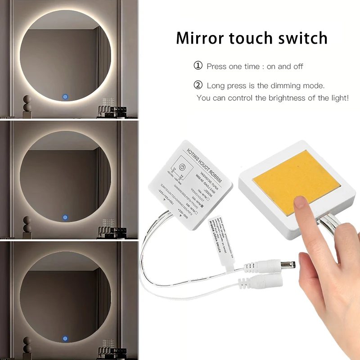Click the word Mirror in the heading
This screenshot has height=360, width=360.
point(200,38)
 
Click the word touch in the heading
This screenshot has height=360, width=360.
point(250,38)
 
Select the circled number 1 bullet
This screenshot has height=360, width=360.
point(198,66)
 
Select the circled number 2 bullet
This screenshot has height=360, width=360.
point(198,85)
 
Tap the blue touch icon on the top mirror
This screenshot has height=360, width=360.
point(66,96)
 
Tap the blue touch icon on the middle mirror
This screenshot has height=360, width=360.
point(66,216)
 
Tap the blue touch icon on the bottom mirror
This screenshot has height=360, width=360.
point(66,337)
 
